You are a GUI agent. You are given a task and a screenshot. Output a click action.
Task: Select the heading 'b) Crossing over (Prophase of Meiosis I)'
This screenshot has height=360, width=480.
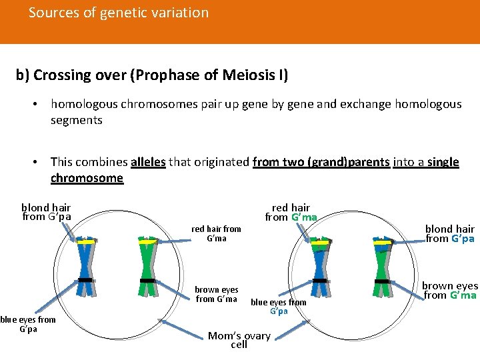point(152,75)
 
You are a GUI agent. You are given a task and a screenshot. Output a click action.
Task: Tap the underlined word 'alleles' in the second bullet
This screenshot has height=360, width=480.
point(149,162)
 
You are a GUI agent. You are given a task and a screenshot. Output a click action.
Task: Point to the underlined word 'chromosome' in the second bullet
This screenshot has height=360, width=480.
point(87,178)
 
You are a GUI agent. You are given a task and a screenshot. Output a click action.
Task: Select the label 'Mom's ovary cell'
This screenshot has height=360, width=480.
point(239,340)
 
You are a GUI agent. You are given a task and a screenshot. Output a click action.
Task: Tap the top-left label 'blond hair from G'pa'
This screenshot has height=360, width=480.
point(46,212)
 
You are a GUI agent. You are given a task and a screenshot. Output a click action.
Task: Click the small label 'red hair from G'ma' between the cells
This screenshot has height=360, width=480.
point(216,233)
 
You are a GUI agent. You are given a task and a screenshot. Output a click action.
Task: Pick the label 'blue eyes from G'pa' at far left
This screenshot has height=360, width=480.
point(28,324)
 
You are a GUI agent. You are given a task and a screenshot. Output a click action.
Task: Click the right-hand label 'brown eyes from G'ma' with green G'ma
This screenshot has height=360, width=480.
point(449,290)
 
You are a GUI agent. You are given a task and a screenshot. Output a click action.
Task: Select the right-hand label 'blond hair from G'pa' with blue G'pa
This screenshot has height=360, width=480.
point(449,233)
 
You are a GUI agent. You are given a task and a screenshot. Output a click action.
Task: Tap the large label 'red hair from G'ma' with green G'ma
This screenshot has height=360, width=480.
point(291,212)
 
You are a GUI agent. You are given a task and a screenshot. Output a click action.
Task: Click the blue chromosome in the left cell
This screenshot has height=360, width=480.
point(85,267)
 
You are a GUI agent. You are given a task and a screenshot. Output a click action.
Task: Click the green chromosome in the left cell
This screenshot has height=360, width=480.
point(147,267)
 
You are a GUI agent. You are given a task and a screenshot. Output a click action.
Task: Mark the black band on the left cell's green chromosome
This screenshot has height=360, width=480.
point(147,281)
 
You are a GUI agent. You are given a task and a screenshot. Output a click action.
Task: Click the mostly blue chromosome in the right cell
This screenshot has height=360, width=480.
point(320,267)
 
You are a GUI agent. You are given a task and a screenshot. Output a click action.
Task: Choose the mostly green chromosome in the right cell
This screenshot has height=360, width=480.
point(382,267)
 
